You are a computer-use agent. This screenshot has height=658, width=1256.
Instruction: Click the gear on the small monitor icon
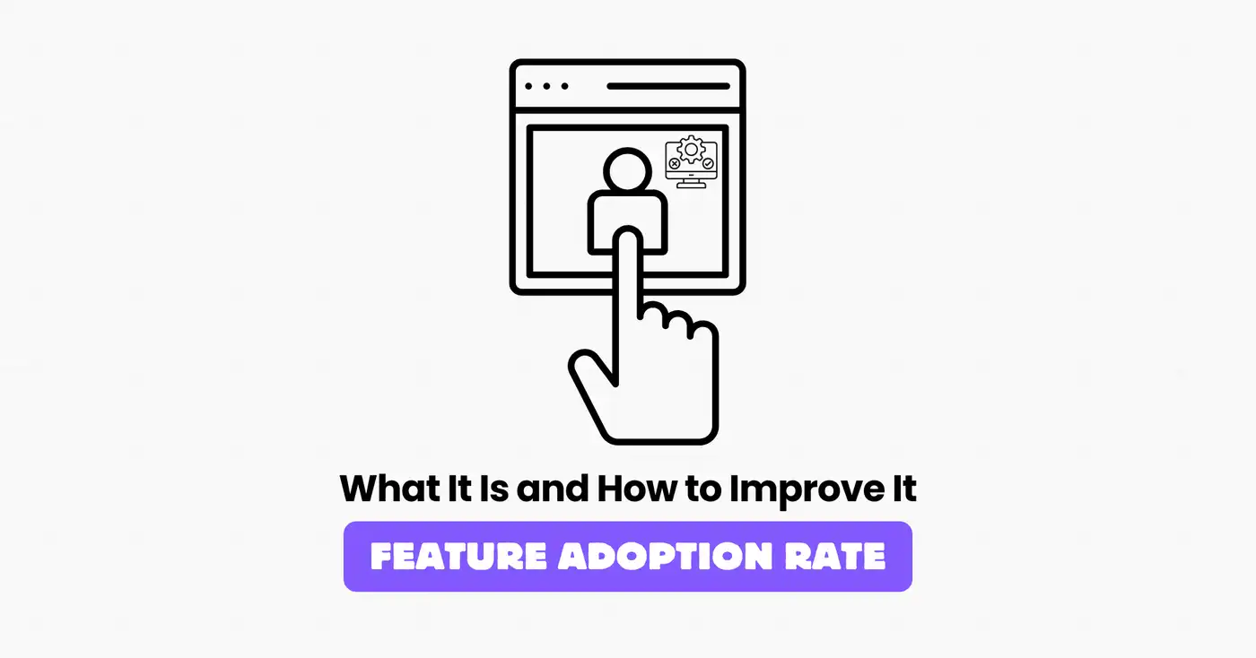coord(689,149)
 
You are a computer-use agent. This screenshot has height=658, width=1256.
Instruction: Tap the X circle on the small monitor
coord(674,165)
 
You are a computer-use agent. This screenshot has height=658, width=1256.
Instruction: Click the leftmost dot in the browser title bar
coord(529,87)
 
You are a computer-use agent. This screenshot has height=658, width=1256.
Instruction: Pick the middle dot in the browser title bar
coord(546,87)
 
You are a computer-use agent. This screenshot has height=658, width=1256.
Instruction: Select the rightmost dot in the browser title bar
coord(563,87)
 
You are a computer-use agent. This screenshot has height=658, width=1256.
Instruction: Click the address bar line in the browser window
coord(668,87)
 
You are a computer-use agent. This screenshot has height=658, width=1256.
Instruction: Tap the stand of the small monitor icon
coord(689,183)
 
